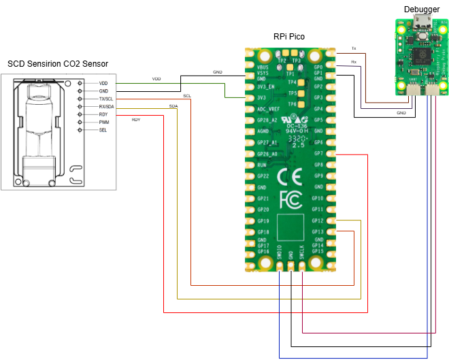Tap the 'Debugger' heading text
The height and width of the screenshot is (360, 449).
[416, 9]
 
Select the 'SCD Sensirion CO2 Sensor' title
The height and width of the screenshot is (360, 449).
[58, 65]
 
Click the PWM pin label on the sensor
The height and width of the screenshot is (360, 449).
[104, 122]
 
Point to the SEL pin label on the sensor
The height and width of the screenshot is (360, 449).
[103, 130]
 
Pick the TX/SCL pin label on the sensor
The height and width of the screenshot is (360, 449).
[106, 99]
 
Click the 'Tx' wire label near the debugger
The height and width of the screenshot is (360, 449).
[353, 48]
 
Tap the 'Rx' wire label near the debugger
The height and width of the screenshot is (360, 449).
[353, 62]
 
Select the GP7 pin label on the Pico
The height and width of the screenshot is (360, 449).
[318, 154]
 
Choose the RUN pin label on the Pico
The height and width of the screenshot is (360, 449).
[263, 165]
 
